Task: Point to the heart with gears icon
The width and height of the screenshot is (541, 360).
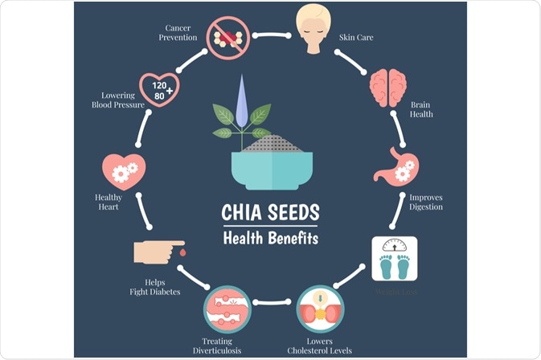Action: point(123,170)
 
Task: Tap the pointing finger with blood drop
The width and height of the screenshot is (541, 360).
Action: point(155,252)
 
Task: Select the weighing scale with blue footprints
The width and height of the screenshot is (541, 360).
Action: point(394,257)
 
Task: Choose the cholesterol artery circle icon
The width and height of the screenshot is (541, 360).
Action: point(321,309)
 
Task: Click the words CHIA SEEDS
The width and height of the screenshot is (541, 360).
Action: point(270,213)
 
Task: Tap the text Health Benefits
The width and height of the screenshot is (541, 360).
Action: point(270,238)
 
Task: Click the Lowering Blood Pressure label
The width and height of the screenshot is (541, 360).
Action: point(117,100)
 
